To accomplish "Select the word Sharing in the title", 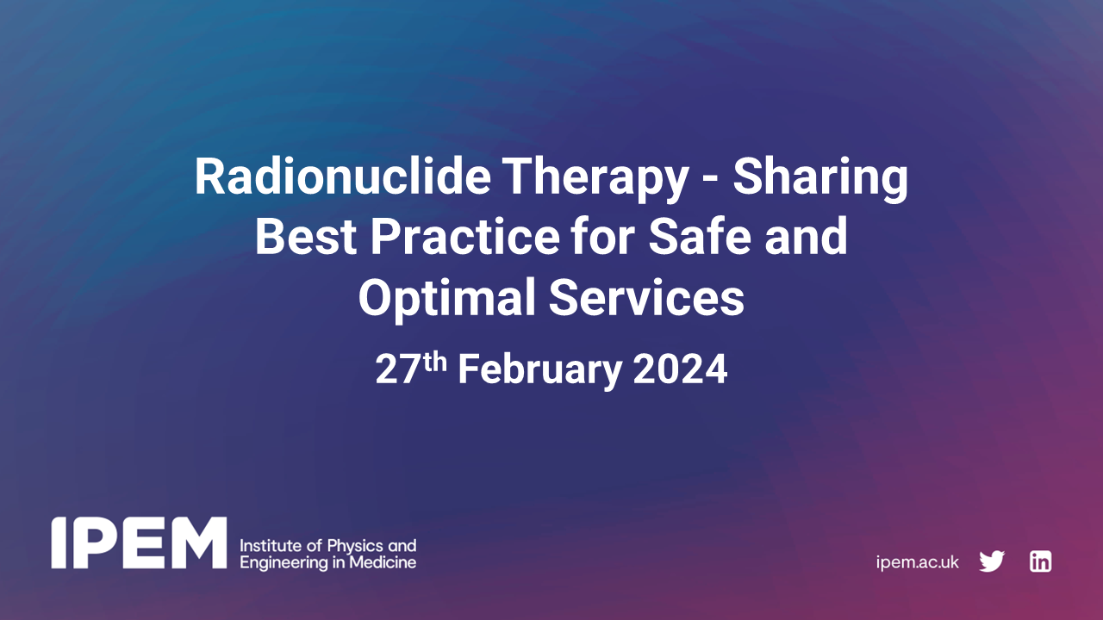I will (820, 178).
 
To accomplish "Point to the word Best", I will (302, 238).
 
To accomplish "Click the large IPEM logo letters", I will (139, 543).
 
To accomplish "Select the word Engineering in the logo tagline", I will (283, 563).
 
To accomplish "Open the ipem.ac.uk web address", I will (917, 562).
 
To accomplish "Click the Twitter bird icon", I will (992, 561).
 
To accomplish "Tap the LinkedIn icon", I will (1040, 561).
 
